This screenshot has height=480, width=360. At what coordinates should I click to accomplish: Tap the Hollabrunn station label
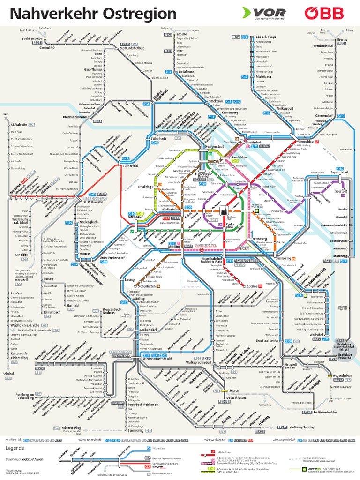(185, 72)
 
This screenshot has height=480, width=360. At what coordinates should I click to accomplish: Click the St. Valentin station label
(19, 125)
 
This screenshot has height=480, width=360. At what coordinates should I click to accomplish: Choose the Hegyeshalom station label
(342, 376)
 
